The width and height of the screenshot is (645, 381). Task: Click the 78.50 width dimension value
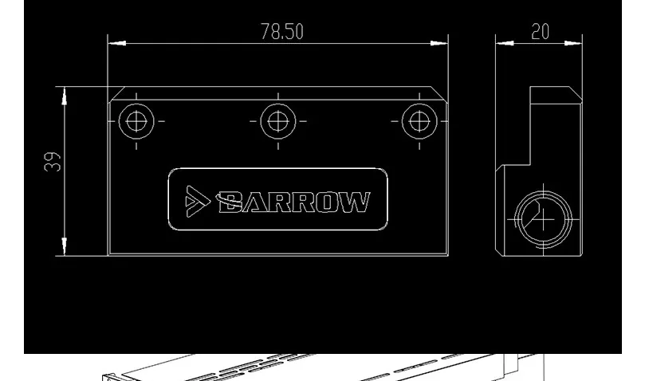[x=281, y=31]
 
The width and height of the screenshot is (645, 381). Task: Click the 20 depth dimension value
[x=540, y=31]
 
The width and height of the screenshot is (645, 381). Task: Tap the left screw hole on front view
[x=136, y=121]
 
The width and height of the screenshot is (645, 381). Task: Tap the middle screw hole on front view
[x=277, y=121]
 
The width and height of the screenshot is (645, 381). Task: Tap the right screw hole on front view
[x=416, y=121]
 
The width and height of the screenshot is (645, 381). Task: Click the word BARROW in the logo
[x=293, y=202]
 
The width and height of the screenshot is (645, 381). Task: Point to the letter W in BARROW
[x=356, y=202]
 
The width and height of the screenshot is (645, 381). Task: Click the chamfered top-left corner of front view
[x=114, y=92]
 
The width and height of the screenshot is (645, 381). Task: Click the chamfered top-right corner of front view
[x=442, y=92]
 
